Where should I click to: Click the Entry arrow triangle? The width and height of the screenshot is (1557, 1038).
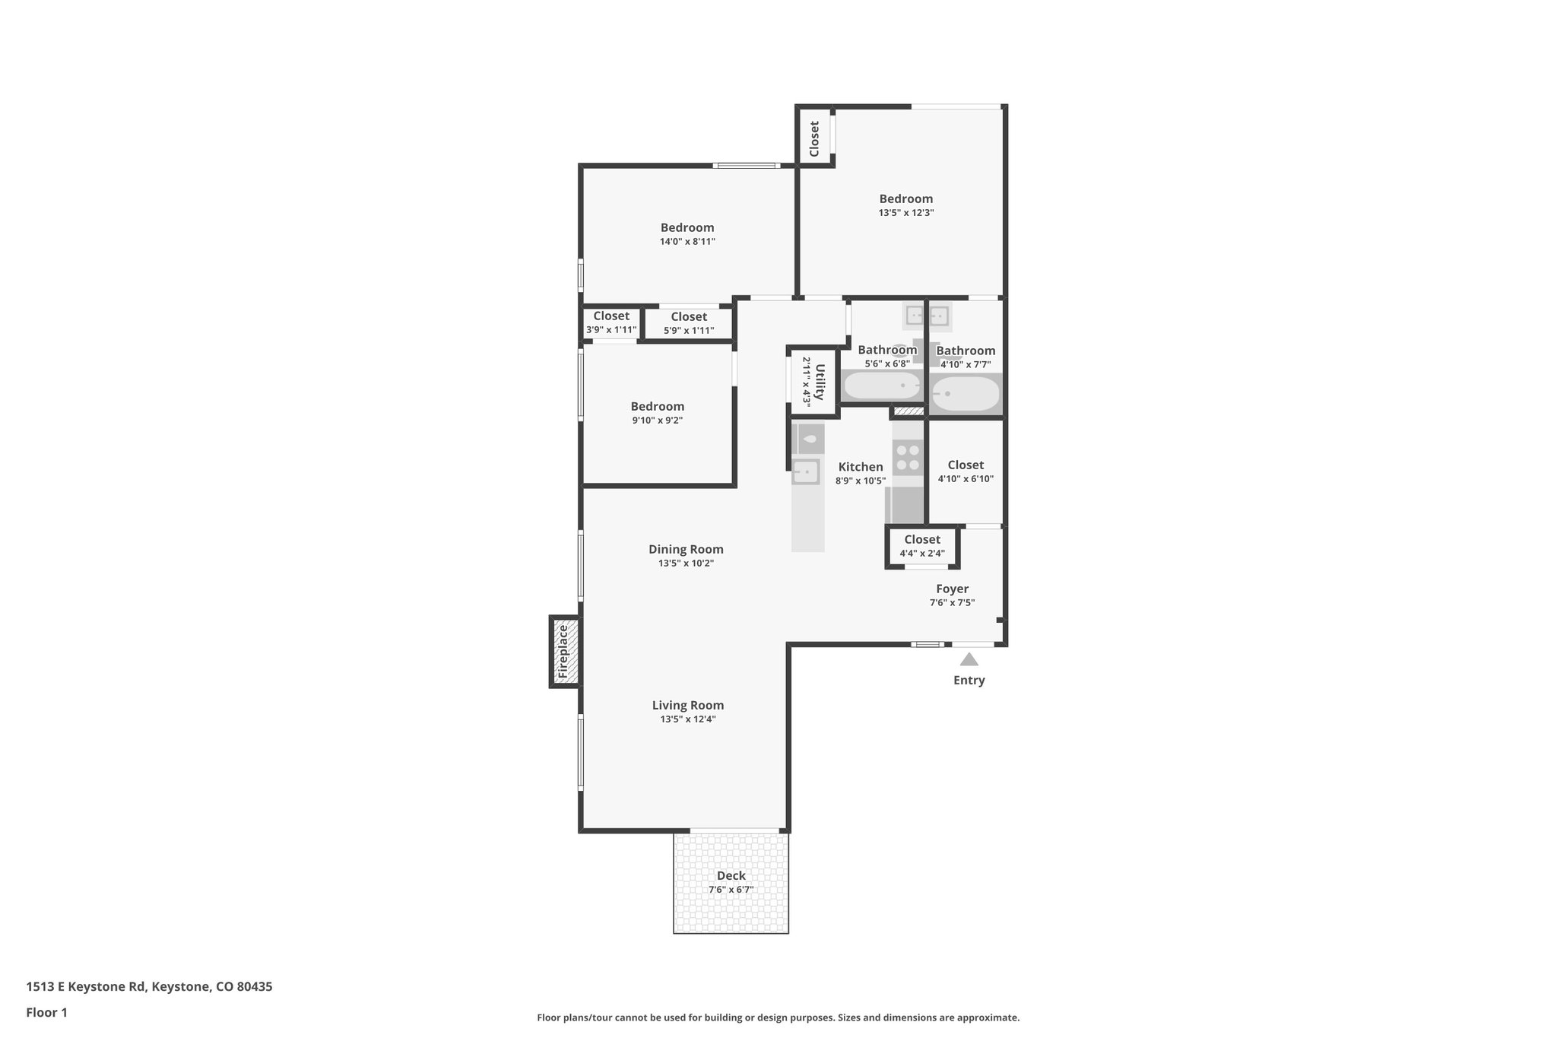[969, 659]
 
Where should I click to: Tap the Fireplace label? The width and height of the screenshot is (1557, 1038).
[563, 652]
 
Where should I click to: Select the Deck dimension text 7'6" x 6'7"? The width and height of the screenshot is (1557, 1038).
[731, 890]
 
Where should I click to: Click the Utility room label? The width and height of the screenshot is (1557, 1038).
[820, 382]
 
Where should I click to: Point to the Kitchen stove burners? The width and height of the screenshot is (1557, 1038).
[908, 457]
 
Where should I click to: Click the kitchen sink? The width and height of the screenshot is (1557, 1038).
[805, 472]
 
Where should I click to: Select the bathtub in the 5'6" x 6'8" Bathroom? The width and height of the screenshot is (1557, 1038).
[882, 386]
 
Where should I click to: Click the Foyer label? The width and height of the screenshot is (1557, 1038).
[952, 589]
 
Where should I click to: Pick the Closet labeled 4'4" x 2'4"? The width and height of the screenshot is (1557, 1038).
[922, 540]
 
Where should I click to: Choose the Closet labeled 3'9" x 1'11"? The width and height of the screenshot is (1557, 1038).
[611, 316]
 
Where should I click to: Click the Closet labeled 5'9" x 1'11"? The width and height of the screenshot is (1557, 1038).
[689, 317]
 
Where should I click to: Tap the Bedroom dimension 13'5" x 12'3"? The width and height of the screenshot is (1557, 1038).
[906, 213]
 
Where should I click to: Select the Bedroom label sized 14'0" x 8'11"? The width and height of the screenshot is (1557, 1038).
[687, 227]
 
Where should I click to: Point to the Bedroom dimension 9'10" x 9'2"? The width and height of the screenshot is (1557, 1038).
[658, 421]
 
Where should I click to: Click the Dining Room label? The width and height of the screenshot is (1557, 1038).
[686, 549]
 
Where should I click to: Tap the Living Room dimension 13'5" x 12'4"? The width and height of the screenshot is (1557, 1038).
[688, 719]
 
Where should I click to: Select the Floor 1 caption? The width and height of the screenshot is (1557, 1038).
[46, 1013]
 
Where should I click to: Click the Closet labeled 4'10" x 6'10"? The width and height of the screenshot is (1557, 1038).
[966, 465]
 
